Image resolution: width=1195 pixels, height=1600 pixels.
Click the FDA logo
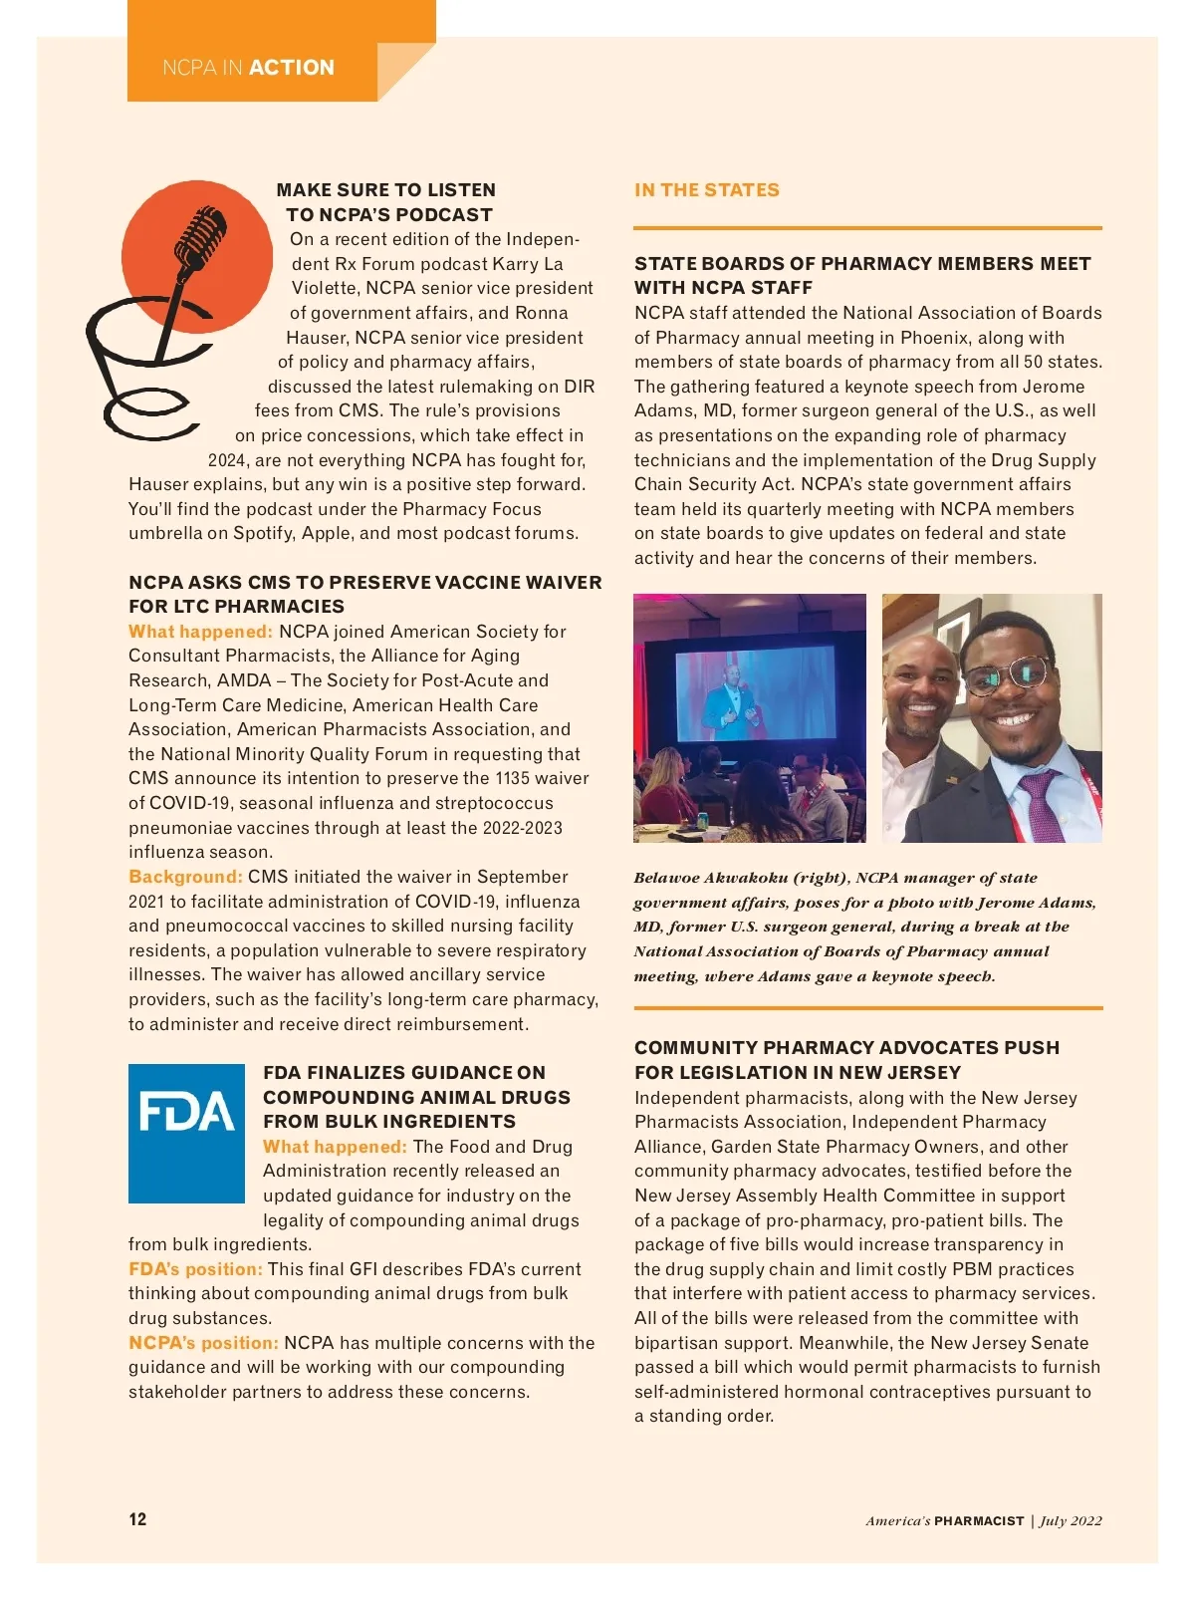[x=186, y=1133]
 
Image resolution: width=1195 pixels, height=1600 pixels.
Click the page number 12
[x=137, y=1519]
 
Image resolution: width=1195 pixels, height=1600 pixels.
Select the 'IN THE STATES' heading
[x=706, y=190]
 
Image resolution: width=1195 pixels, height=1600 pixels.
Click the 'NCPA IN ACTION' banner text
[x=248, y=68]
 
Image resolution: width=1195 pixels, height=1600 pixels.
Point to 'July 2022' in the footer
[x=1072, y=1520]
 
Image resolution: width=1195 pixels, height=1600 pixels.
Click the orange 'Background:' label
[x=185, y=877]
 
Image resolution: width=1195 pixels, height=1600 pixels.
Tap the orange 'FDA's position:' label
[x=195, y=1269]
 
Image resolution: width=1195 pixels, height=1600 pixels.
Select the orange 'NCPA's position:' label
[x=203, y=1343]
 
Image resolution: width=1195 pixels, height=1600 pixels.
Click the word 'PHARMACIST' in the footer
[x=979, y=1520]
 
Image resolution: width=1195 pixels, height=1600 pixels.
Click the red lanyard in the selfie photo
[x=1091, y=787]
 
